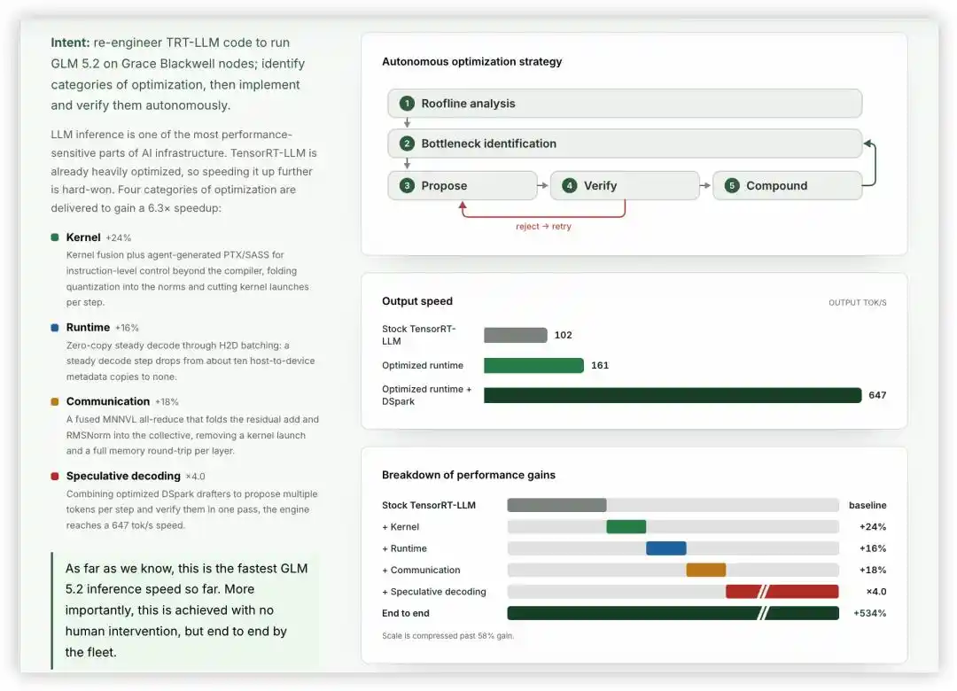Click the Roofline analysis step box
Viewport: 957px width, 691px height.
(x=625, y=103)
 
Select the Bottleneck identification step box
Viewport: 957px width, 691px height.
(x=625, y=144)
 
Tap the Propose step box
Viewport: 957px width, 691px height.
(x=463, y=185)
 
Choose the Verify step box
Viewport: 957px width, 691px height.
(x=625, y=185)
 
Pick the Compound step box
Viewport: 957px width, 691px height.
(x=788, y=185)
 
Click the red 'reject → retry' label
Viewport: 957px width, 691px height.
(x=543, y=227)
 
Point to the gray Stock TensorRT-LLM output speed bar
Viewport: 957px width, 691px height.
(x=515, y=335)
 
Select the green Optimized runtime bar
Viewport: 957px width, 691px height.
(x=533, y=365)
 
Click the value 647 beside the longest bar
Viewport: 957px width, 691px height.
(x=877, y=395)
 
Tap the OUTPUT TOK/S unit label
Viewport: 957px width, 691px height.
(x=857, y=303)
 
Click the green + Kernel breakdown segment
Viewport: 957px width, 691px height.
(x=626, y=527)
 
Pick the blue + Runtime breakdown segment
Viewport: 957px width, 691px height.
(x=665, y=548)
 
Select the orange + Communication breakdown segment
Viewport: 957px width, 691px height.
(x=706, y=570)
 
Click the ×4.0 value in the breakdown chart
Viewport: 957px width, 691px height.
(x=875, y=592)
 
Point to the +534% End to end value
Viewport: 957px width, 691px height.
(x=870, y=613)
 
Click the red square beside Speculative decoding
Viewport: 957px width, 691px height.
(x=55, y=476)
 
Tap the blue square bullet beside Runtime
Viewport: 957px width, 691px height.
(x=55, y=328)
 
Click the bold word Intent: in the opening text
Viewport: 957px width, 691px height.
(x=70, y=43)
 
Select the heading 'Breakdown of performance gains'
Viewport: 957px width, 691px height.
(x=469, y=475)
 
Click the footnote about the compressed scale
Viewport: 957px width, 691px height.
(x=448, y=635)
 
